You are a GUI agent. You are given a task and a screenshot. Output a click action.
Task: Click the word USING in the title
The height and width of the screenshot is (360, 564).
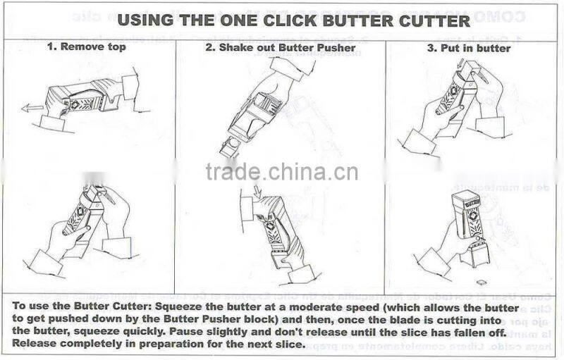[x=144, y=20]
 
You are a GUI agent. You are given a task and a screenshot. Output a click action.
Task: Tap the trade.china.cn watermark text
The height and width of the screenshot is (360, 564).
[x=282, y=172]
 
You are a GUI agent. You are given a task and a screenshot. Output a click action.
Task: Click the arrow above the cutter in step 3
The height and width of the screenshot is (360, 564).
[x=460, y=66]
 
